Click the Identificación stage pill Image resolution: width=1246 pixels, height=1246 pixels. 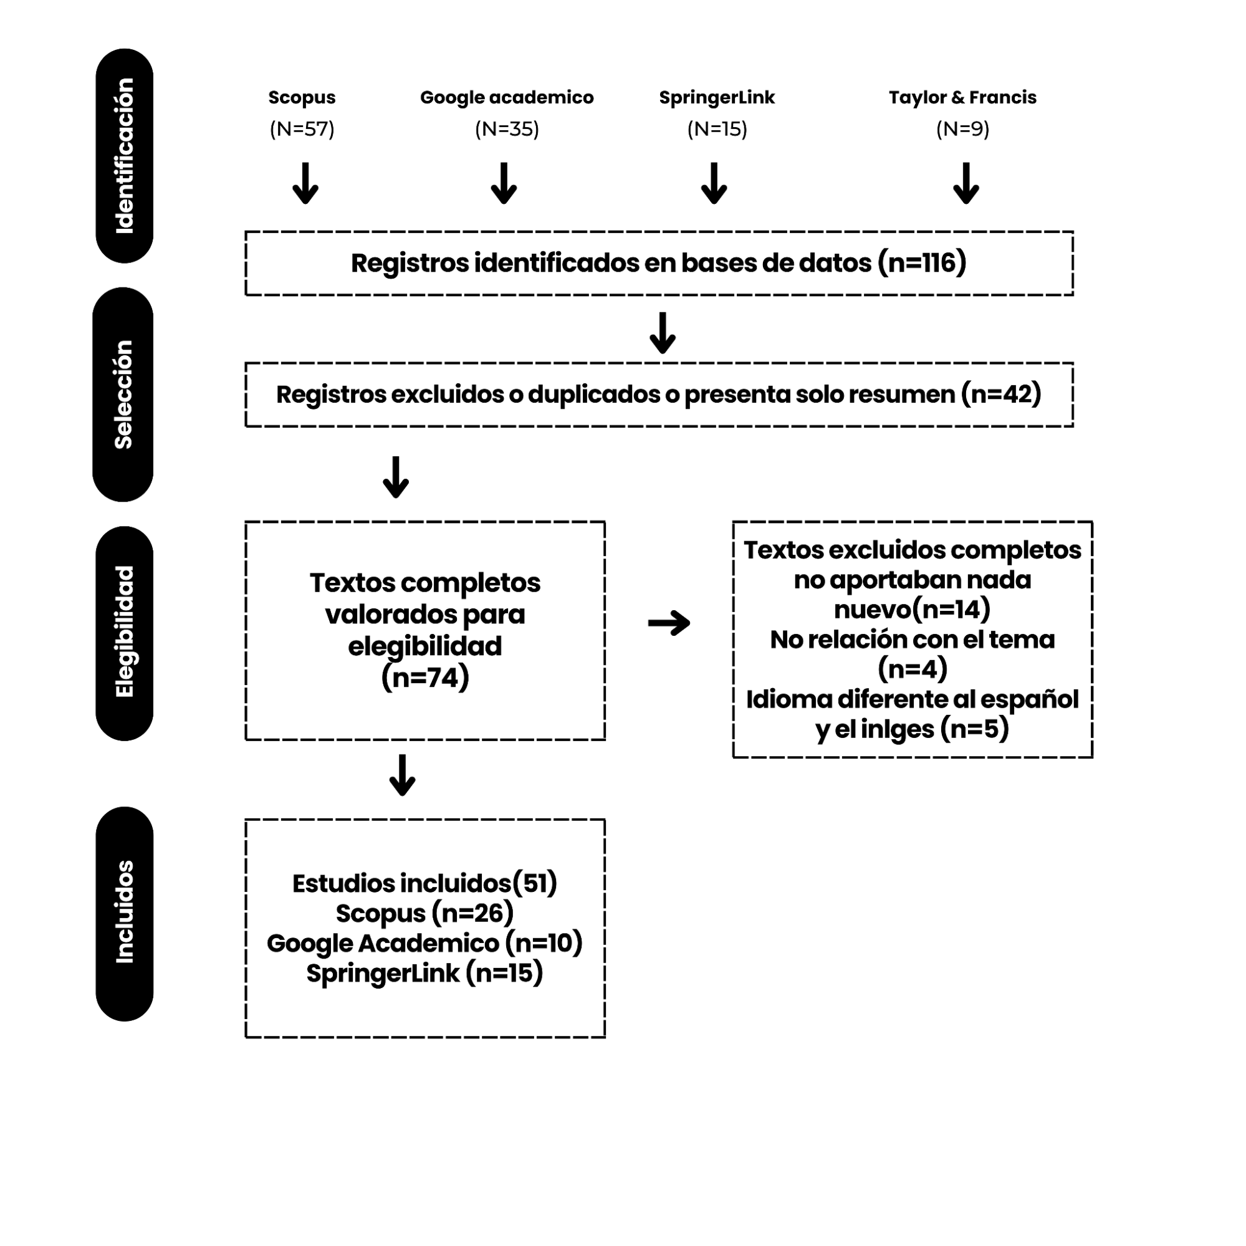125,155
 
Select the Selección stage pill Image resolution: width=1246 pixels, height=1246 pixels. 123,394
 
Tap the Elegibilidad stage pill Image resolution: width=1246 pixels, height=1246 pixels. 125,633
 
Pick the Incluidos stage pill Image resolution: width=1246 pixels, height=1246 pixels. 125,913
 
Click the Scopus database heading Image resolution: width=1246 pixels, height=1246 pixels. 302,98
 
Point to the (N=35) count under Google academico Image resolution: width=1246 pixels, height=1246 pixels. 507,129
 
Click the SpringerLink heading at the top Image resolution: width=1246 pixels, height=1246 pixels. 717,98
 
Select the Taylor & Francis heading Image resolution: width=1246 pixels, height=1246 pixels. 962,97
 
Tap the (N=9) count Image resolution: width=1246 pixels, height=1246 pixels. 962,129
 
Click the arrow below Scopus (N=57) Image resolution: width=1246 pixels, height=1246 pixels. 305,183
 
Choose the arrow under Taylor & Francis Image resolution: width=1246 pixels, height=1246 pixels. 966,183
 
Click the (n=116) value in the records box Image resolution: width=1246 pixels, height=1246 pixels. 922,263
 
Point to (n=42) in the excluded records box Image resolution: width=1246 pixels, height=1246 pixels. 1001,394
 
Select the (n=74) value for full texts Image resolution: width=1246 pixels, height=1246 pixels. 425,678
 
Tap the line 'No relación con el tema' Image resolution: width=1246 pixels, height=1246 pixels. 913,640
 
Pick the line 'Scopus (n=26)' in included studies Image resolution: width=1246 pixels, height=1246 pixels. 425,913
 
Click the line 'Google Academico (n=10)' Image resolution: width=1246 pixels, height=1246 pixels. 425,943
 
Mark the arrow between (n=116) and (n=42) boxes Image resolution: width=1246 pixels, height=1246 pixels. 663,333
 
